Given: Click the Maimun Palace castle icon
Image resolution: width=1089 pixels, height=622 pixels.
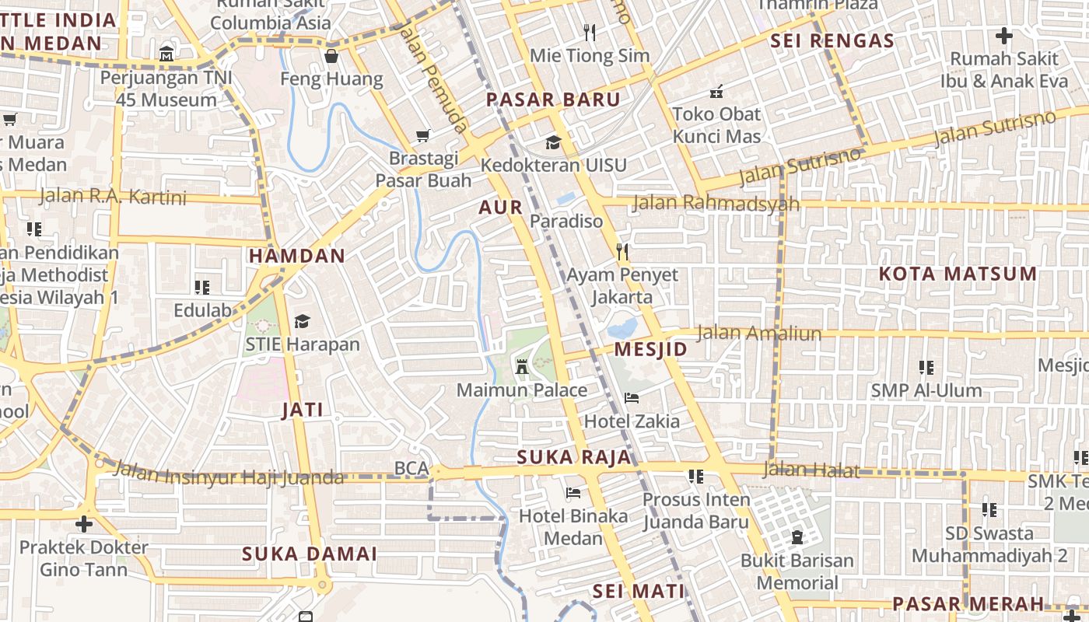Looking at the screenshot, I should point(522,367).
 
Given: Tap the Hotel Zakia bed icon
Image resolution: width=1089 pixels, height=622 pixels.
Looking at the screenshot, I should point(632,399).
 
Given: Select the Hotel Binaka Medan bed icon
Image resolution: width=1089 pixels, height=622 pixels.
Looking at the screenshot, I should point(573,493).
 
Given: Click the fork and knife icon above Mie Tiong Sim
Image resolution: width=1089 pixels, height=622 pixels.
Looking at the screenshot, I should point(590,33).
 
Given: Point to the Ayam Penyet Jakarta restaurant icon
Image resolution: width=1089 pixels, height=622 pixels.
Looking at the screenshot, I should point(622,251).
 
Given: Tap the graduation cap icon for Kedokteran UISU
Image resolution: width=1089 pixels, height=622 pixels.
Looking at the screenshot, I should point(553,142).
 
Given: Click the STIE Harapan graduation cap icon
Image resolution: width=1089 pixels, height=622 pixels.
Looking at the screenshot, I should point(302,321).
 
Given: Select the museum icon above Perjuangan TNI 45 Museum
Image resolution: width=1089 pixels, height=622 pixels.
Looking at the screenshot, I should point(166,55).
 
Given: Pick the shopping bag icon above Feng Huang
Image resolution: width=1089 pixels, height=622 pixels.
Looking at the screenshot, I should point(332,56).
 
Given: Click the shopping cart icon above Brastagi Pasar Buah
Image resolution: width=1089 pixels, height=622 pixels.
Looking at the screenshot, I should point(423,136).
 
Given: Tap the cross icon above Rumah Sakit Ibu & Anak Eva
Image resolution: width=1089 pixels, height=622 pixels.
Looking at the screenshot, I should point(1004,35).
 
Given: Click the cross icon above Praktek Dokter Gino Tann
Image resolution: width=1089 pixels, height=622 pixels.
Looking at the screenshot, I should point(84,524).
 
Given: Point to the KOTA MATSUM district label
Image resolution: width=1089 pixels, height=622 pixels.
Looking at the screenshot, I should point(958,274).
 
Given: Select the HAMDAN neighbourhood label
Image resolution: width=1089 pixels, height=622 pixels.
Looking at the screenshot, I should point(296,256).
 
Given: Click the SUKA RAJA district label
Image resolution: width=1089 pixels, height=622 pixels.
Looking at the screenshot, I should point(574,457).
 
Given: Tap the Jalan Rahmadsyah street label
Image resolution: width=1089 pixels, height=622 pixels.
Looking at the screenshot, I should point(716,204).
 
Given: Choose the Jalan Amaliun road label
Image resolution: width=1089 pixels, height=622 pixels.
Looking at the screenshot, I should point(758,334).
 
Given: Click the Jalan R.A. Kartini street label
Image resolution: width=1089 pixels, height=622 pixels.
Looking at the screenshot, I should point(113,197).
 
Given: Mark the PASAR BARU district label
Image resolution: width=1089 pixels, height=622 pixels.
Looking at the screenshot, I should point(553,100).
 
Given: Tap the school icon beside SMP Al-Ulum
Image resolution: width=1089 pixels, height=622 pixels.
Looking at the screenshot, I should point(926,367).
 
